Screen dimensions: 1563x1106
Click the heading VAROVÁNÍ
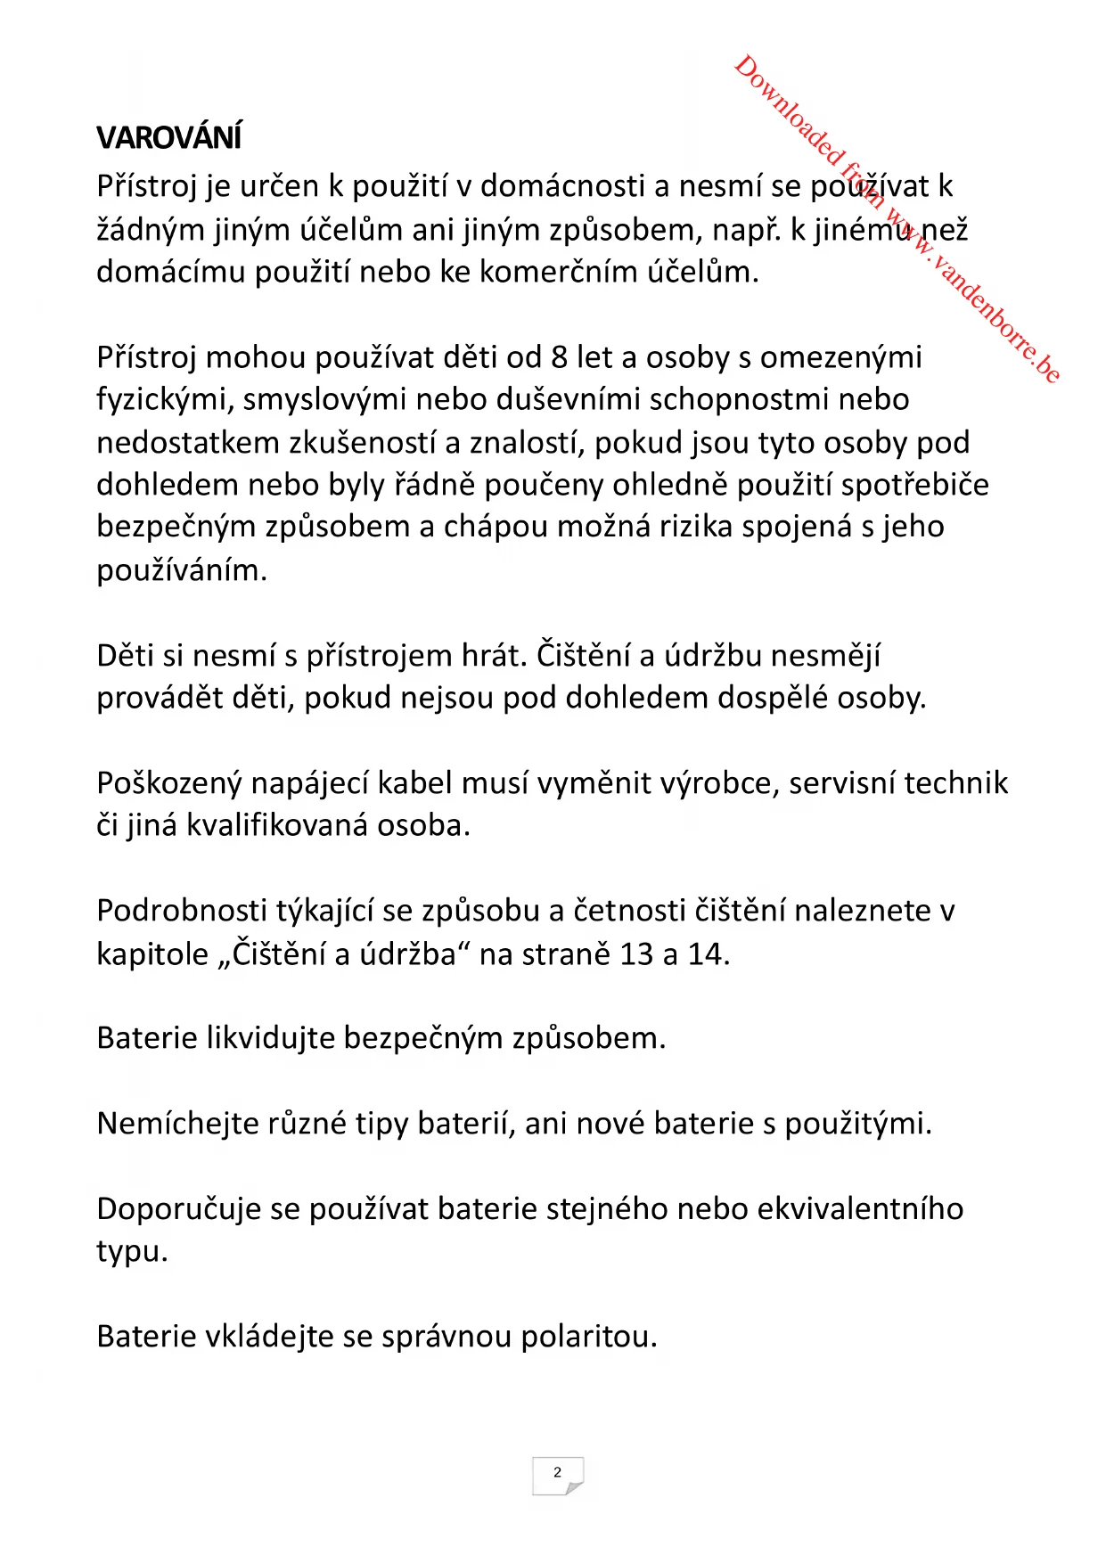[x=168, y=138]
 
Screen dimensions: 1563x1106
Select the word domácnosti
[x=562, y=186]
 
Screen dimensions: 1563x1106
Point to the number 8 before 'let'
[x=559, y=357]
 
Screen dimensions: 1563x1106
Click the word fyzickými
[x=164, y=400]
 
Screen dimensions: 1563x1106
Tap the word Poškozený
[x=168, y=783]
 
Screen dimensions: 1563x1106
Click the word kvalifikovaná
[x=277, y=826]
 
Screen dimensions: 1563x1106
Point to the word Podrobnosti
[x=182, y=911]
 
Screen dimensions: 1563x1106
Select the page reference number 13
[x=636, y=954]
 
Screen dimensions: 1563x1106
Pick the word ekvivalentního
[x=860, y=1209]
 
